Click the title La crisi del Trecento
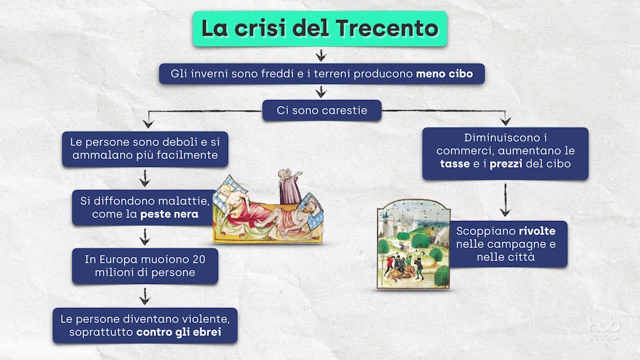(319, 29)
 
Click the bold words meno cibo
(444, 74)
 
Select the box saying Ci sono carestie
(321, 110)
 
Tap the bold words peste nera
(169, 214)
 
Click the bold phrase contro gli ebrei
(178, 332)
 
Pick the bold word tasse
(455, 163)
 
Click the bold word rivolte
(536, 231)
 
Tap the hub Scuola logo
(604, 329)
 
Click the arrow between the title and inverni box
(320, 54)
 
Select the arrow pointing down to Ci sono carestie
(320, 91)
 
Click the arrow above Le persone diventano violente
(144, 296)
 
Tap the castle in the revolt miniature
(395, 220)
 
